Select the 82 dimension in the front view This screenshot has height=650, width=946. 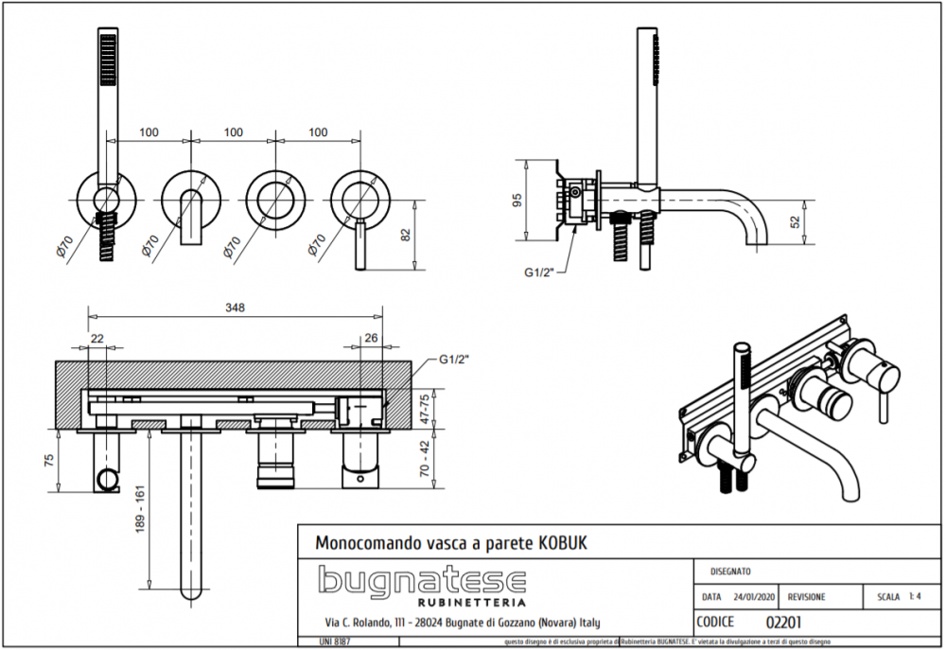tap(406, 236)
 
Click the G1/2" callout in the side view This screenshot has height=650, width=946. tap(544, 273)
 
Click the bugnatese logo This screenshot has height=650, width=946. tap(421, 580)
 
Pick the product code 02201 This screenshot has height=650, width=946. tap(784, 622)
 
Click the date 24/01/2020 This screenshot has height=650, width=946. tap(755, 597)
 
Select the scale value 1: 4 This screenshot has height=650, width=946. tap(915, 597)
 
